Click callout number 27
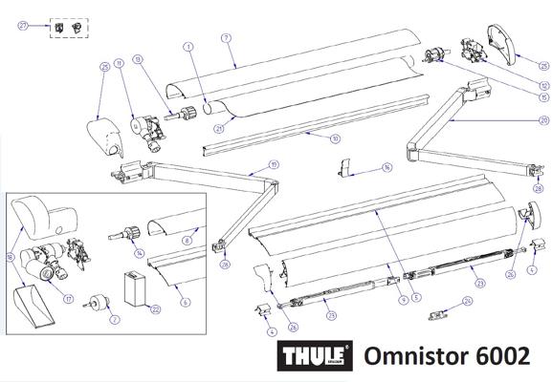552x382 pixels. click(x=23, y=26)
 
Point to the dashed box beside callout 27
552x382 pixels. click(x=65, y=27)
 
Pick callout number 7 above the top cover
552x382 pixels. click(x=226, y=37)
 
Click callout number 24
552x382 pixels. click(x=467, y=302)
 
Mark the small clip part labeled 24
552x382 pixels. click(x=439, y=312)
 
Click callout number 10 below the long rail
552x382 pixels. click(x=335, y=139)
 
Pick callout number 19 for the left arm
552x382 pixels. click(x=274, y=164)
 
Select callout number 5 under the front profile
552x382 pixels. click(x=415, y=284)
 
